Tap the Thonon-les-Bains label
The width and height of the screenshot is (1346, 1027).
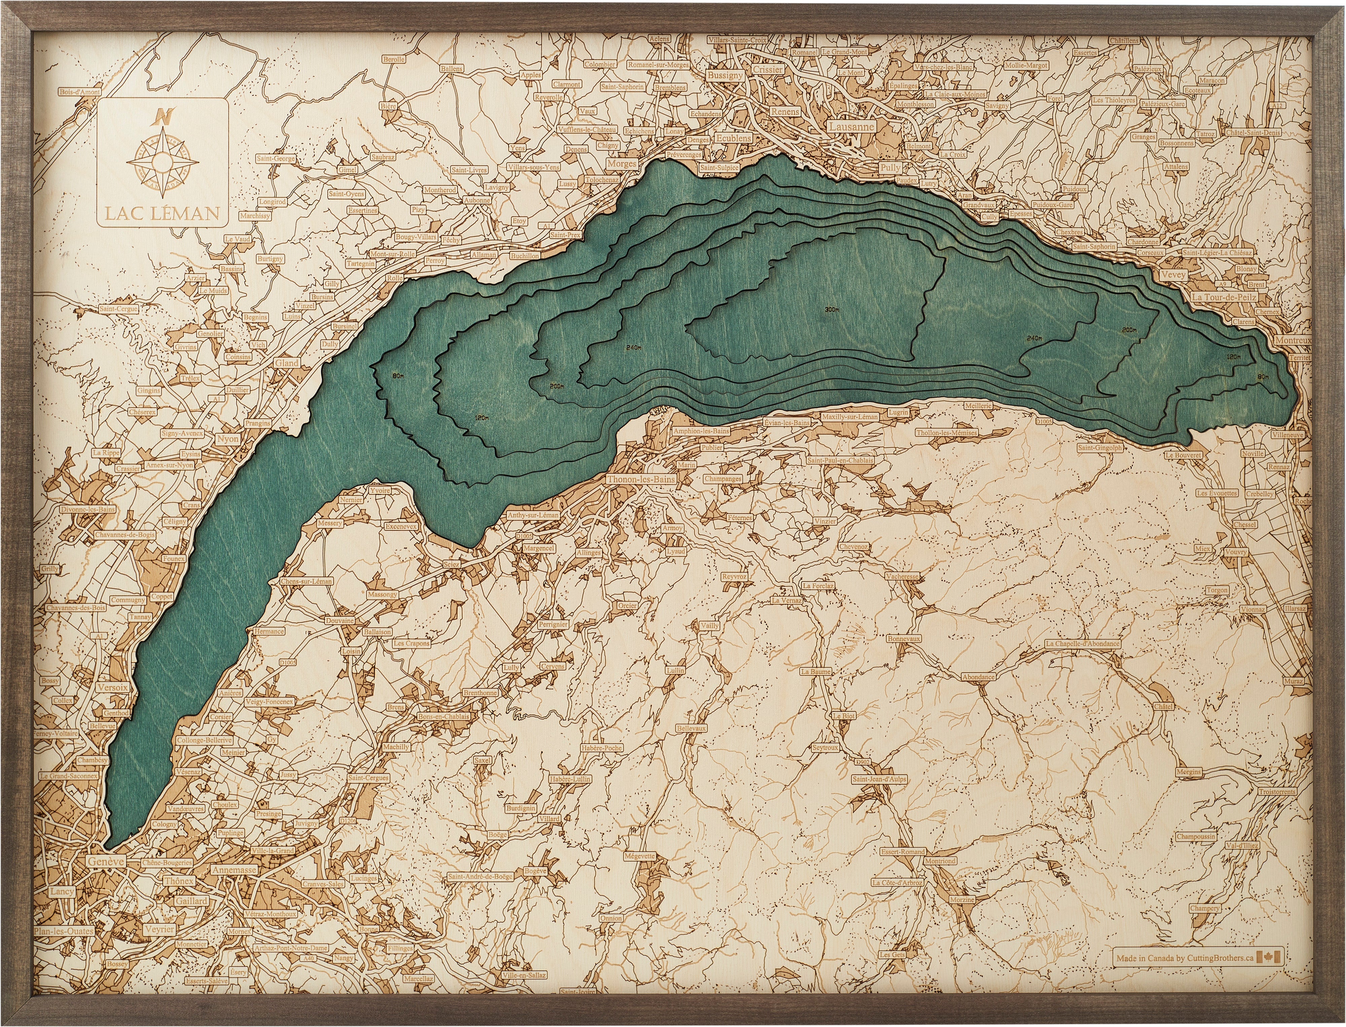(641, 479)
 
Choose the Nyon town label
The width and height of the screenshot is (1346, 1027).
(228, 439)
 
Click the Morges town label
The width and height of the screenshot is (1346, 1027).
(622, 164)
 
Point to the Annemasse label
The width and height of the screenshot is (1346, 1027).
(234, 869)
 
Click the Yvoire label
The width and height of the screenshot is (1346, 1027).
(380, 490)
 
